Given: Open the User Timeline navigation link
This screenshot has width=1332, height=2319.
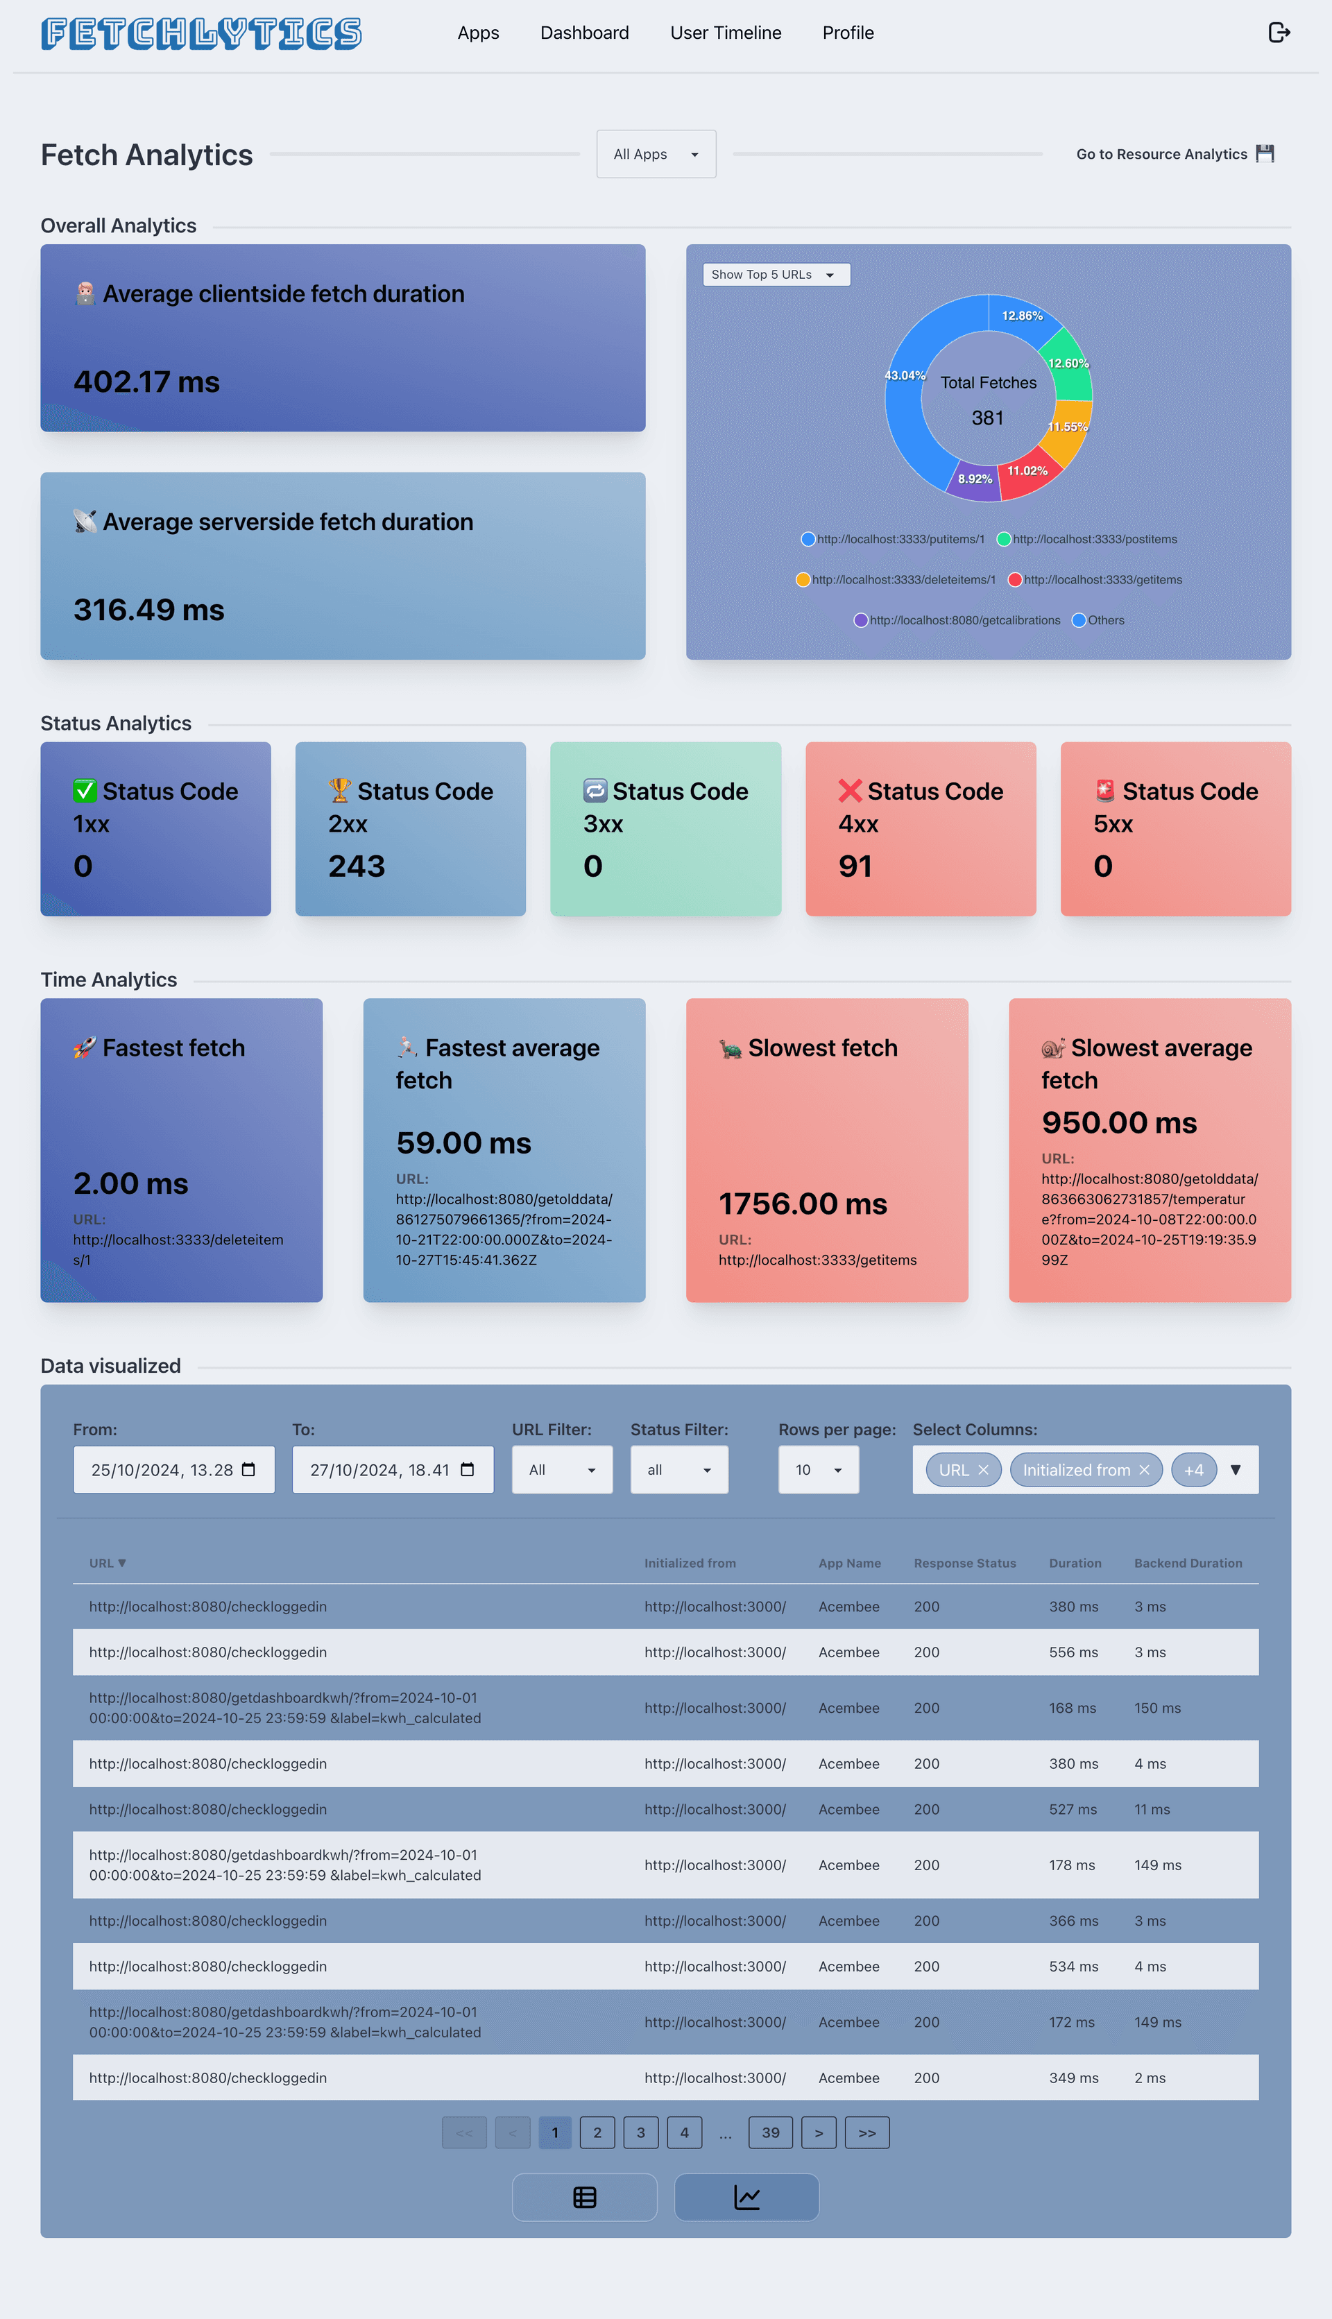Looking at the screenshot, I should [x=726, y=33].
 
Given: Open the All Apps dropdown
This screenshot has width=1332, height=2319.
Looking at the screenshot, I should [x=656, y=154].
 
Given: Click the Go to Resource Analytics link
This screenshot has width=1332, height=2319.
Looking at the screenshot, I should [x=1174, y=154].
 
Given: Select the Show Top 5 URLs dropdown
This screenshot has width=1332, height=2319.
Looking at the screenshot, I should [x=776, y=275].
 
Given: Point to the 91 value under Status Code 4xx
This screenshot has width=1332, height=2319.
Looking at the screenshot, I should [x=855, y=866].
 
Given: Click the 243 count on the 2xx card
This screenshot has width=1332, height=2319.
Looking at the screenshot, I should [x=357, y=866].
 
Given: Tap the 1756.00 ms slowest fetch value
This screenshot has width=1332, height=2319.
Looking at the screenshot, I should [x=802, y=1204].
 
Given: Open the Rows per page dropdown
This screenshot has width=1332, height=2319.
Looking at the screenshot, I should [x=818, y=1469].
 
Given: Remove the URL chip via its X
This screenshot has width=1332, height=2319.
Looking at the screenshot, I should [x=984, y=1469].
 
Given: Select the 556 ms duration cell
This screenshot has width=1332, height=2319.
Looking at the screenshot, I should [x=1073, y=1652].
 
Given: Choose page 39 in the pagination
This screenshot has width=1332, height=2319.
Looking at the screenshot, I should [x=770, y=2132].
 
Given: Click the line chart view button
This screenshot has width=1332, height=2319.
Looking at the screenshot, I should [x=746, y=2198].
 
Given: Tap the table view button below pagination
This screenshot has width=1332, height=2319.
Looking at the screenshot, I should [x=585, y=2198].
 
